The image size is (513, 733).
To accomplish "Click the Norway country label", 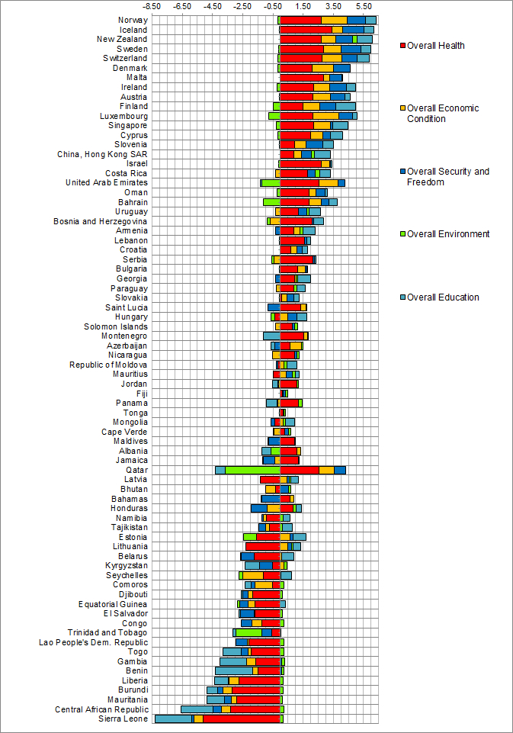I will pyautogui.click(x=133, y=20).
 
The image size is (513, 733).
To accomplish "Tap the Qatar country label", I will pyautogui.click(x=137, y=470).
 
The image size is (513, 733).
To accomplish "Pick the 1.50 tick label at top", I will pyautogui.click(x=303, y=6).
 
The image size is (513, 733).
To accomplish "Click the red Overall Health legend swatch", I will pyautogui.click(x=402, y=46).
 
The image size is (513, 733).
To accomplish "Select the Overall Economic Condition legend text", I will pyautogui.click(x=443, y=113).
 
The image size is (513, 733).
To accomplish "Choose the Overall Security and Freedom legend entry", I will pyautogui.click(x=447, y=176).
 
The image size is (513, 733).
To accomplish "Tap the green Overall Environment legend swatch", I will pyautogui.click(x=402, y=234).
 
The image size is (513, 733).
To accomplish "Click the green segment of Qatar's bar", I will pyautogui.click(x=252, y=470).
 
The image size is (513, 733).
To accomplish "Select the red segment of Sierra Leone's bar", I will pyautogui.click(x=242, y=719).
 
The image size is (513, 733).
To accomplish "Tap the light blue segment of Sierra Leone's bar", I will pyautogui.click(x=174, y=719).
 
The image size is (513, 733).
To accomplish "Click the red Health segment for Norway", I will pyautogui.click(x=300, y=20).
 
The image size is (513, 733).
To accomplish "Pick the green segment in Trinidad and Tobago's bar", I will pyautogui.click(x=248, y=632).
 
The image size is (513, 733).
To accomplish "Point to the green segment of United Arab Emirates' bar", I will pyautogui.click(x=271, y=182).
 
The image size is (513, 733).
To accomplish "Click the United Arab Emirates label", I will pyautogui.click(x=107, y=182).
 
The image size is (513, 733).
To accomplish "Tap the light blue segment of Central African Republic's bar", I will pyautogui.click(x=197, y=709).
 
